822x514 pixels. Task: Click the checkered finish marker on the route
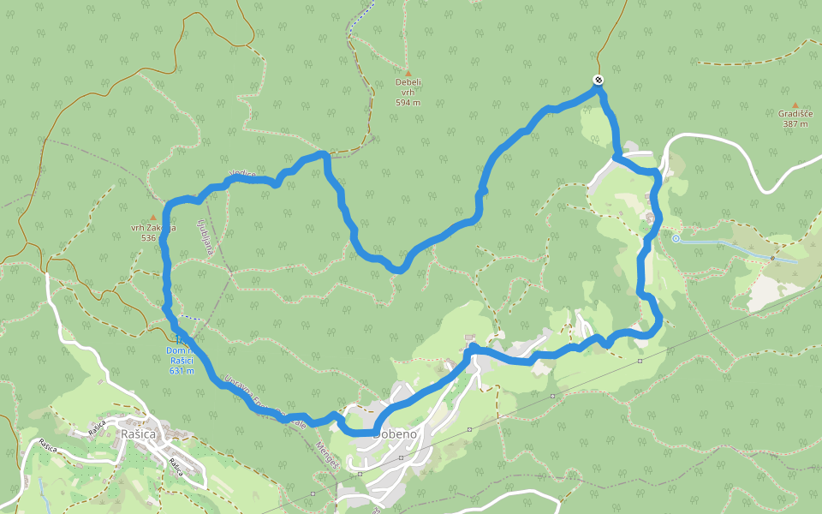598,81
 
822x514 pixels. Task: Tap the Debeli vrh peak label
408,87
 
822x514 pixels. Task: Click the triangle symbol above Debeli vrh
408,73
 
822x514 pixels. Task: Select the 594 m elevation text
408,102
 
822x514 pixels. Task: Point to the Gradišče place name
795,113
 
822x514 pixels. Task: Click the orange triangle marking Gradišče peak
795,104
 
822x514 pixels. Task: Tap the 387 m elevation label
795,123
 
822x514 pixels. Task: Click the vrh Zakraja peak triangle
152,218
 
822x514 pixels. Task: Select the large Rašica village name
138,434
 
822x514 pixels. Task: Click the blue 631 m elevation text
182,371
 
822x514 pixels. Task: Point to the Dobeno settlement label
396,434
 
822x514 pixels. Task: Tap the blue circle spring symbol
676,239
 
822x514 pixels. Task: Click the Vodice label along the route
242,175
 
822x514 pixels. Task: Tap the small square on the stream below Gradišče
772,257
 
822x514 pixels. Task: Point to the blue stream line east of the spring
728,245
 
